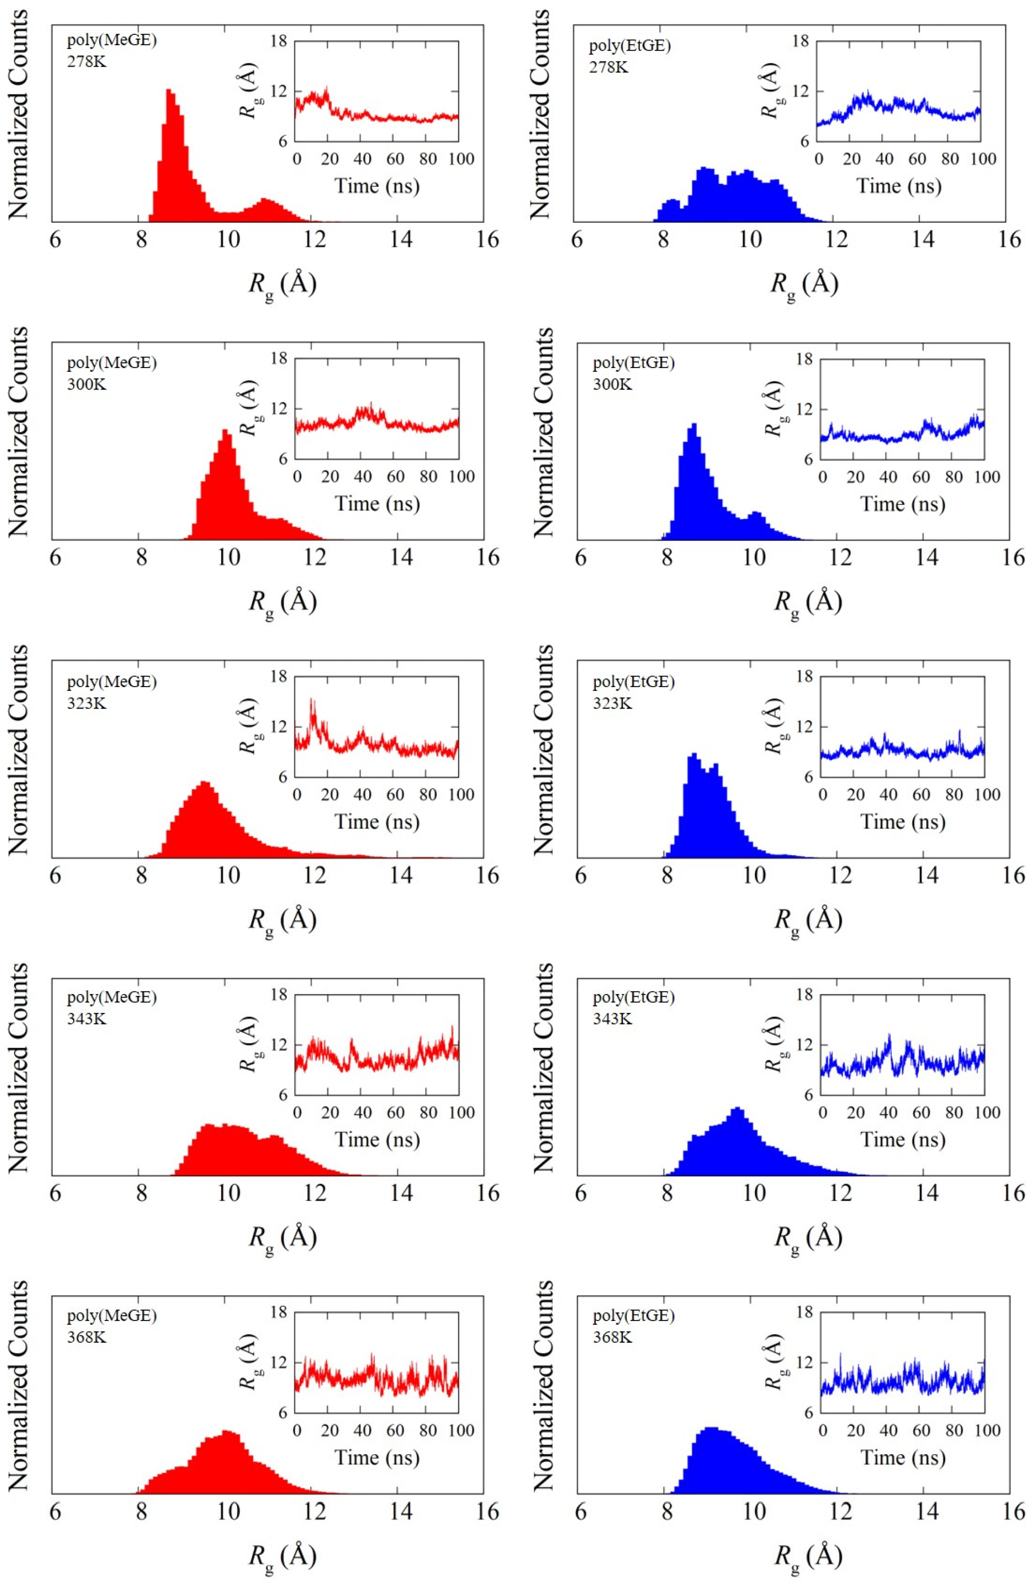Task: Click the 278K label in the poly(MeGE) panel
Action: pos(86,62)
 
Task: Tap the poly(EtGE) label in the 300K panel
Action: pos(633,363)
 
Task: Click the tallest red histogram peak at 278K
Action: pos(169,91)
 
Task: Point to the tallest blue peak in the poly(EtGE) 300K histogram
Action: pos(694,425)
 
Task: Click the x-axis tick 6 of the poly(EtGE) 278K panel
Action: pos(577,239)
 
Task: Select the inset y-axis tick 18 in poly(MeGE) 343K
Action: pos(278,995)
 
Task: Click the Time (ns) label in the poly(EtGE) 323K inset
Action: pos(903,822)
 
